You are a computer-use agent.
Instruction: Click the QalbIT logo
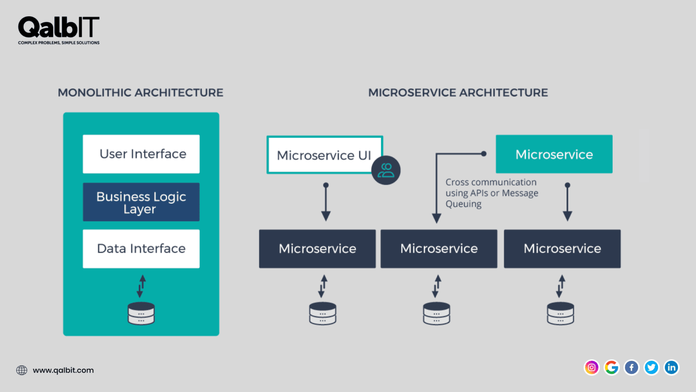point(58,29)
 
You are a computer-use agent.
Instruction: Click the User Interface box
point(141,154)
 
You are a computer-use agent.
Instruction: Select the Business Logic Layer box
point(141,202)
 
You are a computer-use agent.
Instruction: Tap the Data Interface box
point(141,249)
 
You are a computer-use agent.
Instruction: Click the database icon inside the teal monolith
point(141,313)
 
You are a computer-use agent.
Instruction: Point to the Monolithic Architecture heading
point(140,93)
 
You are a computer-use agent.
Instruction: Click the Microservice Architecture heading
point(458,93)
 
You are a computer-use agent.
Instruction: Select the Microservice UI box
point(324,155)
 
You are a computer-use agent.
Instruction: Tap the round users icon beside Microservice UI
point(386,170)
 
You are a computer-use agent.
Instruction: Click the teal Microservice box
point(554,154)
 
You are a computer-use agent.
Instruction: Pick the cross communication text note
point(492,193)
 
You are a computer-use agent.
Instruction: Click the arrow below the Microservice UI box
point(326,202)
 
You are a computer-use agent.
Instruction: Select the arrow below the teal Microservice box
point(567,202)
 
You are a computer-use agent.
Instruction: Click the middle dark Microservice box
point(439,249)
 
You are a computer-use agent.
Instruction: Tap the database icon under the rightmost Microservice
point(561,313)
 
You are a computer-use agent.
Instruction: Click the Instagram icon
point(591,367)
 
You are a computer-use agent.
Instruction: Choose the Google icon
point(611,367)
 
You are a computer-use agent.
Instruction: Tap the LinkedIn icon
point(671,367)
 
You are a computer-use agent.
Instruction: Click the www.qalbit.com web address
point(63,370)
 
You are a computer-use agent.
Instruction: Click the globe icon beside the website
point(22,370)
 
